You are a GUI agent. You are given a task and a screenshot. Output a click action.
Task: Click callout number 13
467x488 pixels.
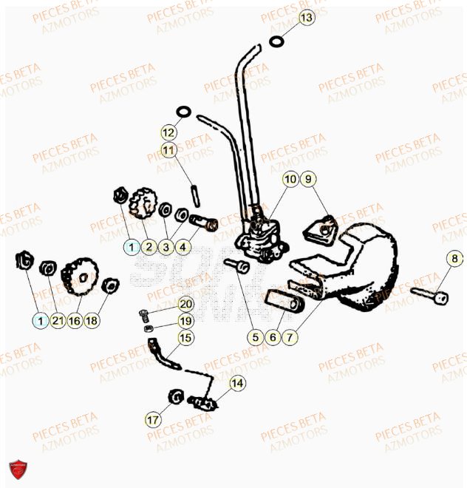[306, 16]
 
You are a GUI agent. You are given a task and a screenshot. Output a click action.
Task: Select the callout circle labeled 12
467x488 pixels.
[169, 133]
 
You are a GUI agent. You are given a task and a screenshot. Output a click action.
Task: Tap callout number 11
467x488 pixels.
[169, 150]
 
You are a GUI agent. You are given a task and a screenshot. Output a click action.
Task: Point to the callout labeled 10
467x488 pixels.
[290, 178]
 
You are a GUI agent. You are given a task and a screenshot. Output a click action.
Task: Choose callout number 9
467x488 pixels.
[307, 178]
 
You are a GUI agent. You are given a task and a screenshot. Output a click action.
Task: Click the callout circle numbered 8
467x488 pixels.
[455, 259]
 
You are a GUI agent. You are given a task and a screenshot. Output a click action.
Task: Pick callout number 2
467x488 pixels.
[149, 247]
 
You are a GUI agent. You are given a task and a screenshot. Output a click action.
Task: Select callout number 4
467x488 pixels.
[183, 247]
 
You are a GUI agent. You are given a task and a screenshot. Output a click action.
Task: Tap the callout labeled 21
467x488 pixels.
[58, 321]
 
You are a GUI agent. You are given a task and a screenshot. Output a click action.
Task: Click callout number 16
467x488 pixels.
[75, 321]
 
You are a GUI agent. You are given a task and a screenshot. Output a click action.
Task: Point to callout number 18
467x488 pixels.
[92, 321]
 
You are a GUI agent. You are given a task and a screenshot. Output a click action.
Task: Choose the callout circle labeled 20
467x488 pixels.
[185, 304]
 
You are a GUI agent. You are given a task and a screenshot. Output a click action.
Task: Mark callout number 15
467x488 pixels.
[185, 338]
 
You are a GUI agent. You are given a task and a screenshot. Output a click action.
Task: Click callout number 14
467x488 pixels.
[236, 383]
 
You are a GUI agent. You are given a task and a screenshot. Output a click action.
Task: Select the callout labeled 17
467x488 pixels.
[152, 420]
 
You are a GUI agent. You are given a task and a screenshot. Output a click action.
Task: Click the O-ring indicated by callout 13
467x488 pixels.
[276, 41]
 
